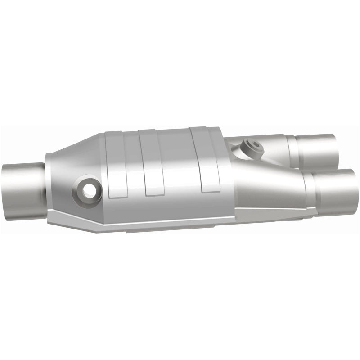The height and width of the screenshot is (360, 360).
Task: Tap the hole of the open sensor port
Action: (x=90, y=191)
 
